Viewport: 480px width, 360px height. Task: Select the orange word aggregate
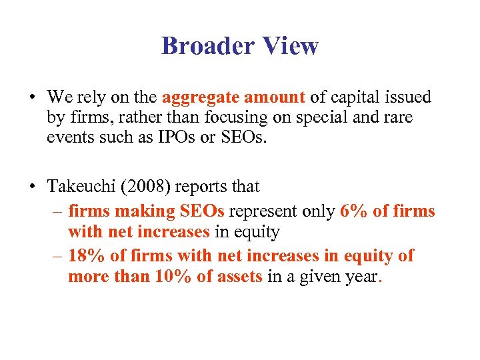(198, 98)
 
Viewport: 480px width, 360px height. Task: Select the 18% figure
(83, 256)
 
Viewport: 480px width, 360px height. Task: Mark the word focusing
(212, 118)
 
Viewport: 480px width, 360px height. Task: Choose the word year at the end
(358, 277)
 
